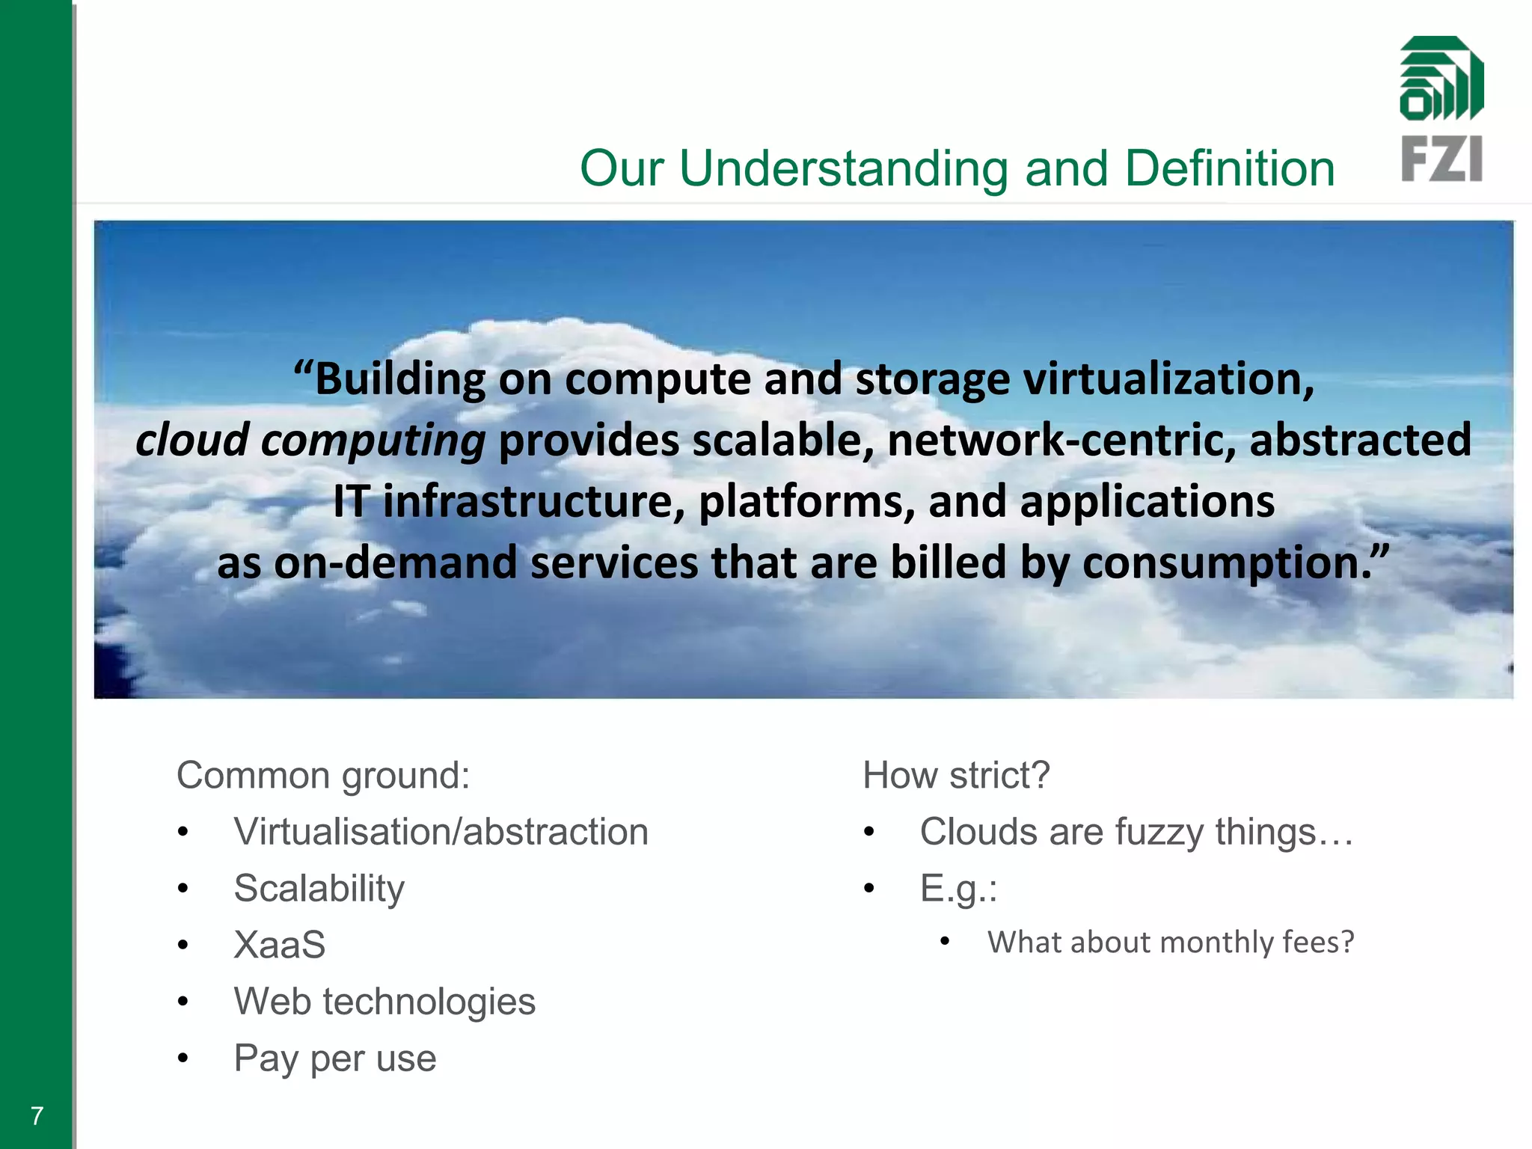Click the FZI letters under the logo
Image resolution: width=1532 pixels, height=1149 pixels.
(1441, 159)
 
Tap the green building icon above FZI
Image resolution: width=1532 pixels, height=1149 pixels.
(1441, 79)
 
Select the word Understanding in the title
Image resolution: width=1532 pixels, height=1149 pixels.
(844, 168)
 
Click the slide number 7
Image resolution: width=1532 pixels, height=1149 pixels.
(37, 1116)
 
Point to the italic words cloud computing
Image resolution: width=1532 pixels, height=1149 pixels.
(310, 441)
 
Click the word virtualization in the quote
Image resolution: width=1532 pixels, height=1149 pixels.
(1168, 379)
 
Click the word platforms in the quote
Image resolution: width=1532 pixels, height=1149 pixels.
(805, 501)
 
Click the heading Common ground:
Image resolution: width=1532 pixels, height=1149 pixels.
(323, 775)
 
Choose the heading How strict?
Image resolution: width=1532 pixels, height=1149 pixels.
(956, 775)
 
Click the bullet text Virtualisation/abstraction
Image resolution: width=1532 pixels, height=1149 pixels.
(441, 832)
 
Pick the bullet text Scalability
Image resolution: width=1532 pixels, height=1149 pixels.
(319, 889)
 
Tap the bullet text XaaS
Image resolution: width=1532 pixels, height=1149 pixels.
(279, 945)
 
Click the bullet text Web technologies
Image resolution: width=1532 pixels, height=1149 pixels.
(384, 1002)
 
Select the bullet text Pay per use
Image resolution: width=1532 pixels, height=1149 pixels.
(334, 1058)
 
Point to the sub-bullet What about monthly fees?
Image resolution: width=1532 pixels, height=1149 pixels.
(1170, 943)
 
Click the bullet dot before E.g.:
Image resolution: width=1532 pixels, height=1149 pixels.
(868, 889)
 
